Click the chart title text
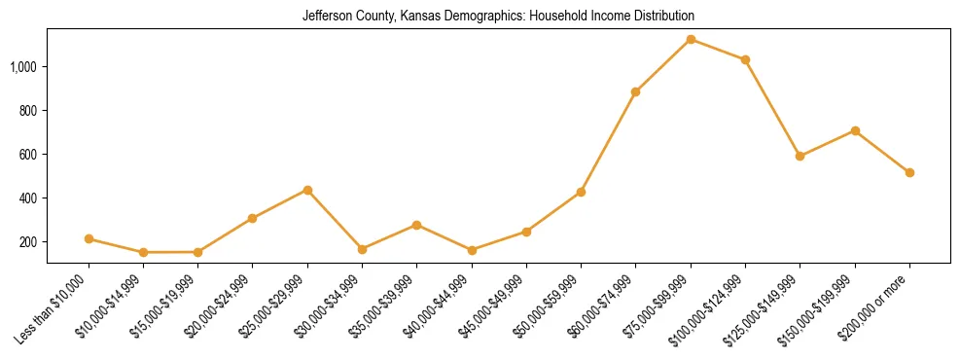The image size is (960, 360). point(498,17)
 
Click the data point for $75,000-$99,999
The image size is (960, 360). point(691,39)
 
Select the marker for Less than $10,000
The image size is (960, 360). point(89,238)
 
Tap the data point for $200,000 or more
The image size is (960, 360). point(909,172)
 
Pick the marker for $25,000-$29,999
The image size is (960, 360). point(307,190)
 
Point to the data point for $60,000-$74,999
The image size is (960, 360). point(635,91)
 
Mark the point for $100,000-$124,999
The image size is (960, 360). point(745,59)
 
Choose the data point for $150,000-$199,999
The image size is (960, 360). point(855,130)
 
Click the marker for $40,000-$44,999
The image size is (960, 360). point(472,250)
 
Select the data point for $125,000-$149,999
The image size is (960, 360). point(800,156)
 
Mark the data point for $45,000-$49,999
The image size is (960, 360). point(526,232)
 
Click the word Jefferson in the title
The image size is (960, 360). point(327,17)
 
